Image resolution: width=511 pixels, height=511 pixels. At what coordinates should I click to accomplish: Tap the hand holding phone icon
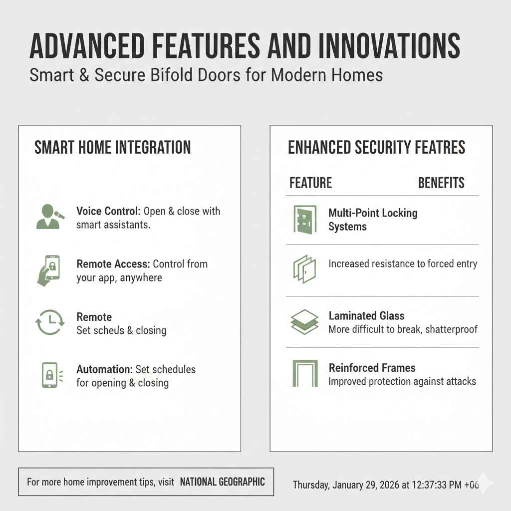[49, 270]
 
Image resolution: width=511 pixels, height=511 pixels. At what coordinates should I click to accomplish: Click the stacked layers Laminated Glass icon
[304, 322]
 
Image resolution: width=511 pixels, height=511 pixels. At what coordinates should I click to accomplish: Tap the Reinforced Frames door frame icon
[304, 374]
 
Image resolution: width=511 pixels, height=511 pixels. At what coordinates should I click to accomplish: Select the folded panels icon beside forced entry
[303, 269]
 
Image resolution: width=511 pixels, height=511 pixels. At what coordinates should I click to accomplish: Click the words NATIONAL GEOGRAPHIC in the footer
[222, 482]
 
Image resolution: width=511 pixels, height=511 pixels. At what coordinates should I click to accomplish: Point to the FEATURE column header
[310, 183]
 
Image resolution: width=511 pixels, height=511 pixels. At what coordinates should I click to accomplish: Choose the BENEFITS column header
[441, 183]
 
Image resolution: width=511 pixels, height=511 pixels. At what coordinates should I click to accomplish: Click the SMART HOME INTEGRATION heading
[112, 148]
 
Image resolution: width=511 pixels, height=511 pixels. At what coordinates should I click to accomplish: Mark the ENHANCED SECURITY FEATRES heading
[377, 148]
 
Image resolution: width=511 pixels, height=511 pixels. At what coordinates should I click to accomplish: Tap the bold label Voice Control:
[108, 211]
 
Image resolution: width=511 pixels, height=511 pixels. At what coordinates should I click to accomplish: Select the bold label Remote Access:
[113, 264]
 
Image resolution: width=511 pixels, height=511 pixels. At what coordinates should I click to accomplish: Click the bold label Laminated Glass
[366, 316]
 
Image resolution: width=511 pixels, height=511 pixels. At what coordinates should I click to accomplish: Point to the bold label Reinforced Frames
[372, 368]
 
